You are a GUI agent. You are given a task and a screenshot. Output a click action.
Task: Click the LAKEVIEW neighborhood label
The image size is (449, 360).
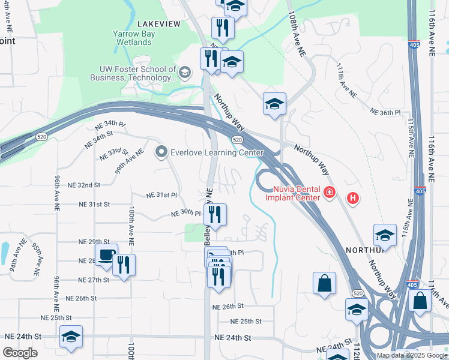(158, 23)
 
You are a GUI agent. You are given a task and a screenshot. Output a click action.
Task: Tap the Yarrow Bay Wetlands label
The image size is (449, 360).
(134, 38)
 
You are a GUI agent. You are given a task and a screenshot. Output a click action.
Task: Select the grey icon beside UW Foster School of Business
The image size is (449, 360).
(185, 73)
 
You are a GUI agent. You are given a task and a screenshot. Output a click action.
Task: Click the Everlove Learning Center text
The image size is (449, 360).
(217, 152)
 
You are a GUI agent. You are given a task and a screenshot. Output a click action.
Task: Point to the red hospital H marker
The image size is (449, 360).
(353, 197)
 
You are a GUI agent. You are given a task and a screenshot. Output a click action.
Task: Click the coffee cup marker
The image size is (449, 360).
(106, 255)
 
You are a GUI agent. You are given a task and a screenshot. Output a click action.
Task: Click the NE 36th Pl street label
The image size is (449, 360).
(385, 112)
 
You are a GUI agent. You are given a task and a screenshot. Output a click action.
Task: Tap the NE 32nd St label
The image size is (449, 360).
(80, 185)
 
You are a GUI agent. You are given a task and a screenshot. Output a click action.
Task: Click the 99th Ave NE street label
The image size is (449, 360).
(130, 161)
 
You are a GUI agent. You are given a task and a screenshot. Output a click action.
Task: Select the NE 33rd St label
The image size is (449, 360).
(114, 154)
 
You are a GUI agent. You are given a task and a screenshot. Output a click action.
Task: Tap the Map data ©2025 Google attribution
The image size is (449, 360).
(412, 355)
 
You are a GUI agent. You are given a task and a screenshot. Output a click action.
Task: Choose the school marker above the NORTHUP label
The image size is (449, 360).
(385, 235)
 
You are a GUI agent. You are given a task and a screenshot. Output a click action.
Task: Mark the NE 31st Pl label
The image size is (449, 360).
(162, 196)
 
